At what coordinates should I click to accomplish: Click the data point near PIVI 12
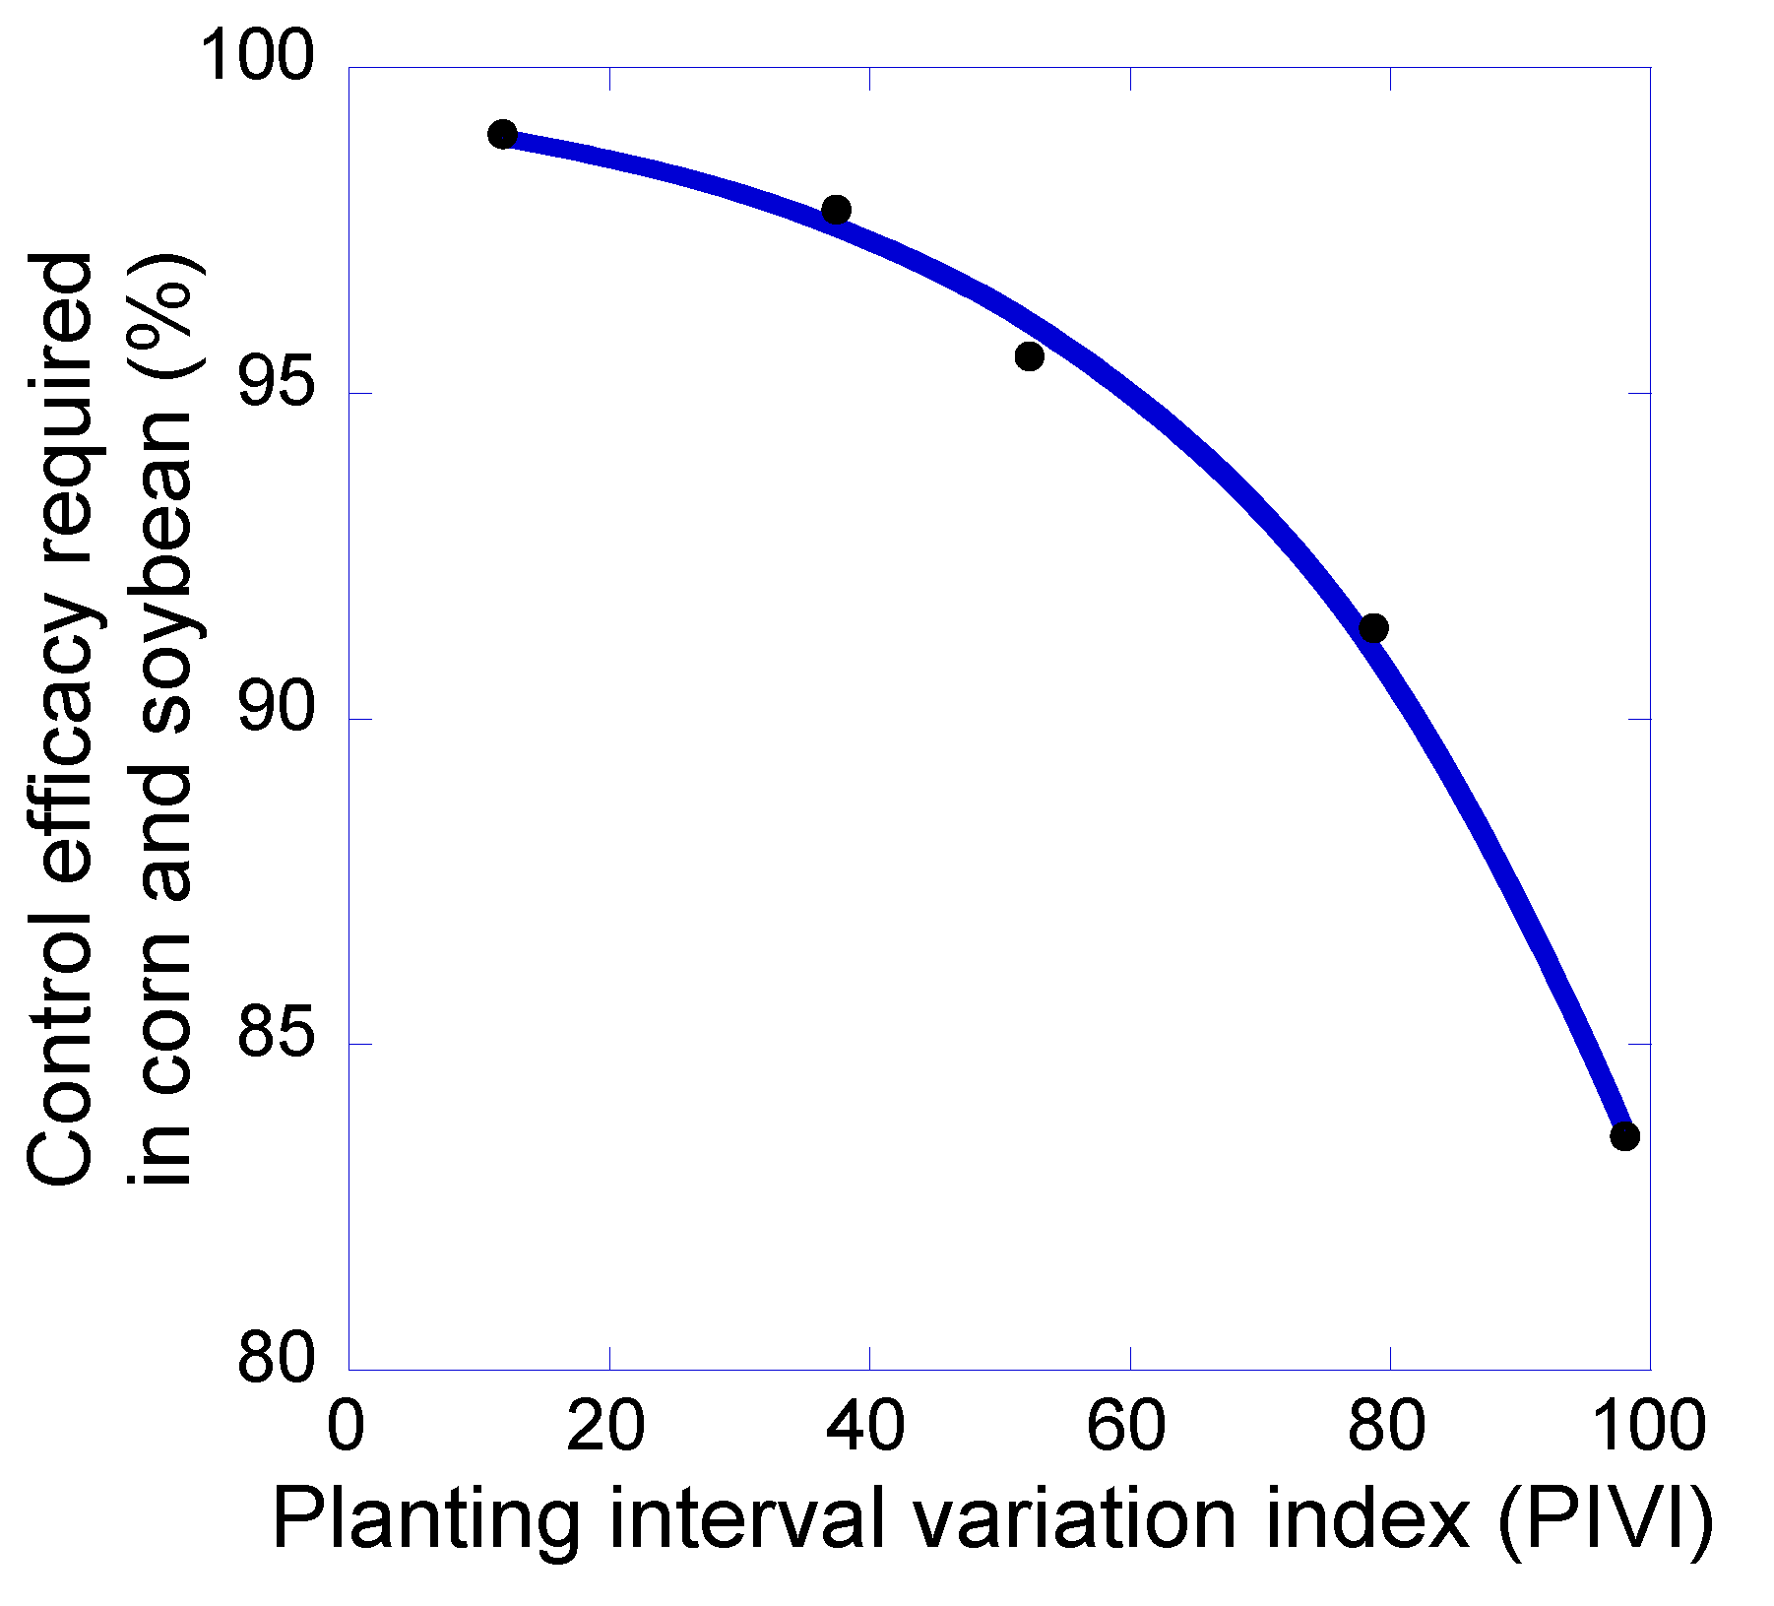click(502, 134)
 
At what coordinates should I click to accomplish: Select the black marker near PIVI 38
click(836, 210)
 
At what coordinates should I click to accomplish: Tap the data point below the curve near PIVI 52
click(1029, 355)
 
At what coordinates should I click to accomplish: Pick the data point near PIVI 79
click(1372, 628)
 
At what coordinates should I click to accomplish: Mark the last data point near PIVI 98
click(1624, 1135)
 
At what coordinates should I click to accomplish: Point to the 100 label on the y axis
click(258, 57)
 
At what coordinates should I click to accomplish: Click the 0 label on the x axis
click(346, 1425)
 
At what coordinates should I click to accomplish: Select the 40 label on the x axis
click(865, 1425)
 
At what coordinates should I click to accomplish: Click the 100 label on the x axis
click(1648, 1425)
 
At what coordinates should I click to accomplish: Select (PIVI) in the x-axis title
click(1606, 1520)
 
